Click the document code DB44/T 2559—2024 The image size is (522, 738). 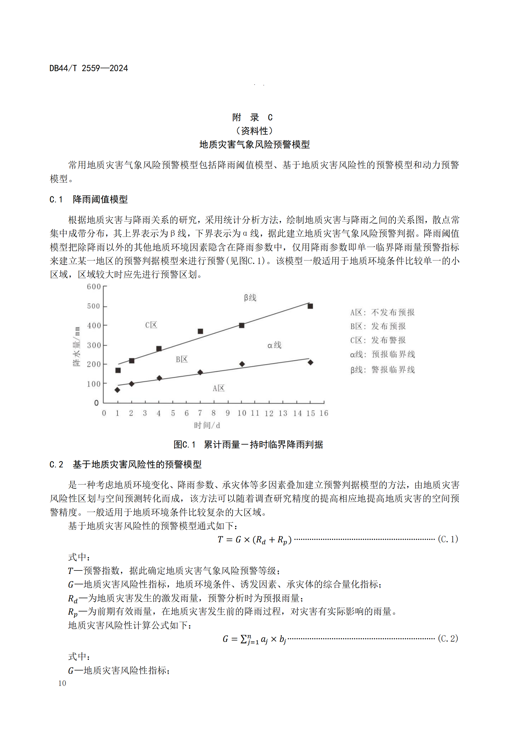click(x=88, y=68)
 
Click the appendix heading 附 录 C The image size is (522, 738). click(x=252, y=117)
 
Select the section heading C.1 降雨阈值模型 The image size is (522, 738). click(x=88, y=199)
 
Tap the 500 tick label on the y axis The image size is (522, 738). click(x=93, y=306)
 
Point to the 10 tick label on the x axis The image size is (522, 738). click(x=242, y=413)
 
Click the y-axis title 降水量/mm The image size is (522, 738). click(x=76, y=346)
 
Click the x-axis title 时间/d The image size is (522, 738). click(x=207, y=425)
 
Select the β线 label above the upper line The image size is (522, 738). click(x=250, y=298)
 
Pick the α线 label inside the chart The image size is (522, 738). click(x=274, y=345)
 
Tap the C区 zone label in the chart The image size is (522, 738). click(x=151, y=325)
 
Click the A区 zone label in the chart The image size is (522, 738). click(x=219, y=388)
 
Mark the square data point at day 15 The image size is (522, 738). click(x=310, y=306)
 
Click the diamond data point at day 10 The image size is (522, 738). click(x=242, y=364)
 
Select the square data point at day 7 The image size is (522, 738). click(x=200, y=331)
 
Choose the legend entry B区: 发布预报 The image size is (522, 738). click(x=378, y=326)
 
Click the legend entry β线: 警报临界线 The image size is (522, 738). click(x=383, y=370)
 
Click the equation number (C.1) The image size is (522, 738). click(x=448, y=539)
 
